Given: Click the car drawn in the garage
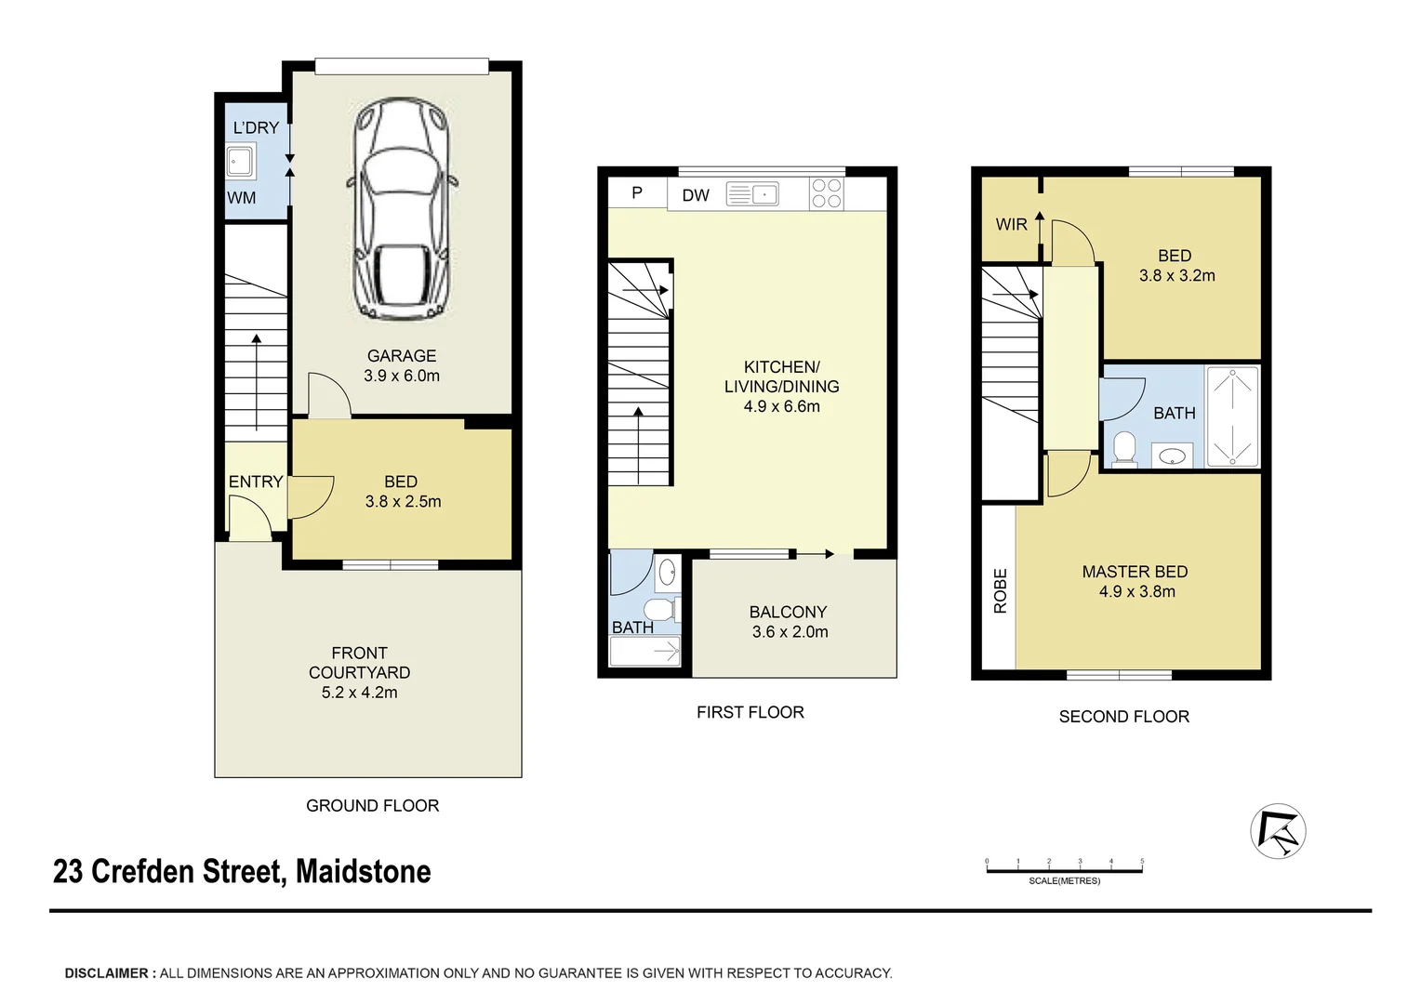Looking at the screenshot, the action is coord(402,208).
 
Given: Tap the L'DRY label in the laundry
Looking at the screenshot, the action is coord(256,127).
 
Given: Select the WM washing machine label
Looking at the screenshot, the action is coord(242,198).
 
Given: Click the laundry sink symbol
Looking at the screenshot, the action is coord(241,161).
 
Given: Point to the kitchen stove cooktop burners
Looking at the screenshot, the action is coord(827,193).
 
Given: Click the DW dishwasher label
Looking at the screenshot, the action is coord(696,195).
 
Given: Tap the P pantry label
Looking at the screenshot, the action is coord(637,192).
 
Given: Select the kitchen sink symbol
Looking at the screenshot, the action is coord(752,194).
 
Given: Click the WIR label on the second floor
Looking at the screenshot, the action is coord(1011,224).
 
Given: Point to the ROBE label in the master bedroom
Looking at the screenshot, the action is coord(1001,590).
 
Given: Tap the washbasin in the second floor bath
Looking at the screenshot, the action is coord(1173,456).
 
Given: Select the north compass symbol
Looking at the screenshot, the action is coord(1278,831).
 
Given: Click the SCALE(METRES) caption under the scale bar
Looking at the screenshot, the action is coord(1065,881).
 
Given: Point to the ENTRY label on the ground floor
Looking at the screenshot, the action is coord(256,482).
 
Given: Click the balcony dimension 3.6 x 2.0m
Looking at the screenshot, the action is coord(790,632).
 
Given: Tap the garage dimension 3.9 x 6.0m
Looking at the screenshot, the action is coord(402,376).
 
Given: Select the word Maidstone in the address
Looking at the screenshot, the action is coord(364,871).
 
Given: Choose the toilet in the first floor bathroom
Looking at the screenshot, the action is coord(661,610).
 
